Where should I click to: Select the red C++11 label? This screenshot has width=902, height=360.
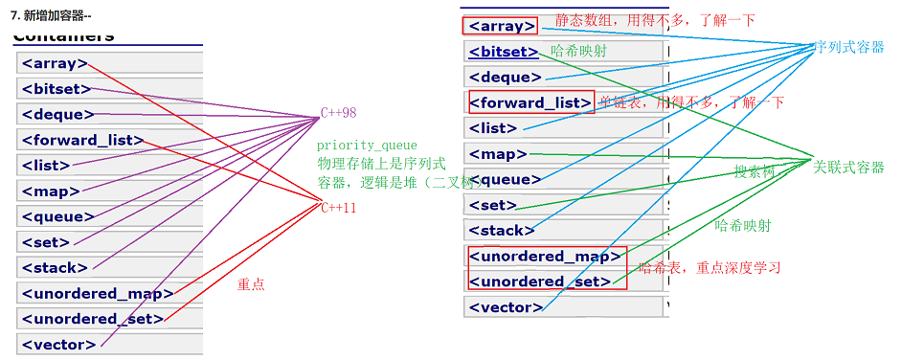click(338, 208)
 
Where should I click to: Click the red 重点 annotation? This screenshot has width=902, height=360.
click(251, 284)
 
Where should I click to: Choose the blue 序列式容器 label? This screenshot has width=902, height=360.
click(847, 47)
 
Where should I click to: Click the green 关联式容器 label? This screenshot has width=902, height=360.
click(848, 168)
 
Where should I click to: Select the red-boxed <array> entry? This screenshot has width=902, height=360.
click(500, 26)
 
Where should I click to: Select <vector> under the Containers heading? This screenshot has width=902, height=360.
click(58, 345)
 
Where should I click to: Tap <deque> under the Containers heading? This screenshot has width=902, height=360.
click(57, 115)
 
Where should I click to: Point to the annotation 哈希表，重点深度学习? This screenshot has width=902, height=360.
click(709, 267)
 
